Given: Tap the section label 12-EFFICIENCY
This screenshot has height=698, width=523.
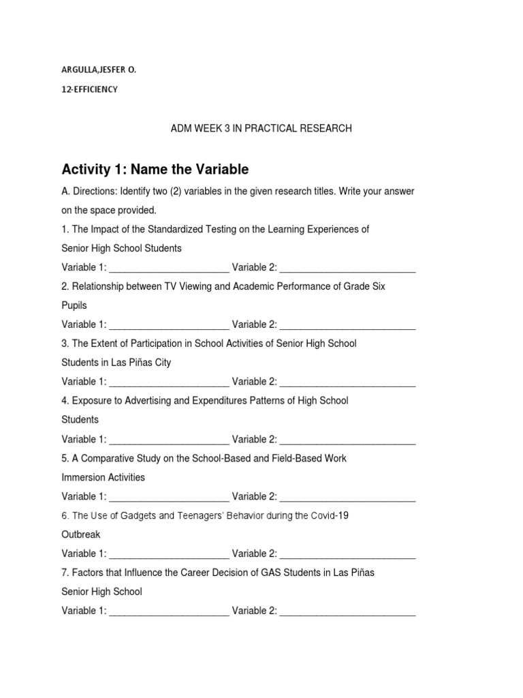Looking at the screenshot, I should coord(89,89).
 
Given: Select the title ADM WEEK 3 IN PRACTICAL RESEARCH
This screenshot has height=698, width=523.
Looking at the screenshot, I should coord(261,128).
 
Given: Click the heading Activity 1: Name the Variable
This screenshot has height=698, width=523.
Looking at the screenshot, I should coord(155,169).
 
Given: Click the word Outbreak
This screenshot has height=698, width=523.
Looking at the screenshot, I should coord(81,534).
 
